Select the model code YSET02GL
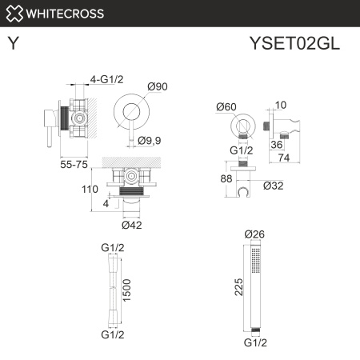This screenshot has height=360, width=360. coord(295,44)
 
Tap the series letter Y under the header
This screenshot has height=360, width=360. coord(14,44)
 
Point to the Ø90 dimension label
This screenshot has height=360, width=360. coord(156,86)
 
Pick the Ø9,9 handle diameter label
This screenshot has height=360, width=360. coord(150,142)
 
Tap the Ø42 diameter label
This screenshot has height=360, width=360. coord(132,225)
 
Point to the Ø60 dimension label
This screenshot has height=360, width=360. coord(227,107)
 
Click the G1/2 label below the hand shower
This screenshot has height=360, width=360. coord(254,342)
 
